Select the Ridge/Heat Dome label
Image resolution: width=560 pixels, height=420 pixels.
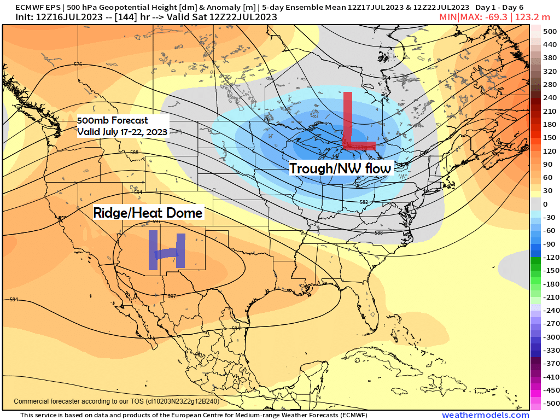tap(148, 212)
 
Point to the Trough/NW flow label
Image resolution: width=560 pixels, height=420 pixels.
tap(340, 168)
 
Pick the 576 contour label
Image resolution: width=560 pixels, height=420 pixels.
tap(78, 65)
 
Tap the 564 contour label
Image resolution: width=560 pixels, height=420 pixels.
tap(386, 78)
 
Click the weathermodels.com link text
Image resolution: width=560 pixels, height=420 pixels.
tap(485, 415)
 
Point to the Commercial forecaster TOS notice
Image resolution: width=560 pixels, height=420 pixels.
tap(116, 401)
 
